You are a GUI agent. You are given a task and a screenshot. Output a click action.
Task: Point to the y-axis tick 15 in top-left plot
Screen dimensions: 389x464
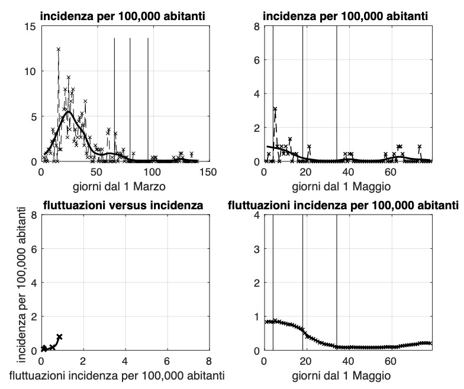[30, 27]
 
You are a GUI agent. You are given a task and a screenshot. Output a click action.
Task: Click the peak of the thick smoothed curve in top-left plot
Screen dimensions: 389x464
[68, 112]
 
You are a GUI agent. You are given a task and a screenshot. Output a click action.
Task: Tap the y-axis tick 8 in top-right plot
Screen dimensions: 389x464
[256, 27]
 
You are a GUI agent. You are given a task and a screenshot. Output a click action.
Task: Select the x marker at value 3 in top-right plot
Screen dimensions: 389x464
[275, 109]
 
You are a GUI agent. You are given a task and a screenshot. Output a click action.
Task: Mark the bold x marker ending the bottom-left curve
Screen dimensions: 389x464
[59, 336]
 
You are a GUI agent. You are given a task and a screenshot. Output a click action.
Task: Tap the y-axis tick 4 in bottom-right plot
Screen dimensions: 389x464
[256, 215]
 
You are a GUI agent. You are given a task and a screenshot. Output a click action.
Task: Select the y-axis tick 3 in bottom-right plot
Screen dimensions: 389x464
[256, 249]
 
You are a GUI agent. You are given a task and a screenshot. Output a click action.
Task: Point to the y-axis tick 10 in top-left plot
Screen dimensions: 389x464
[30, 72]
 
